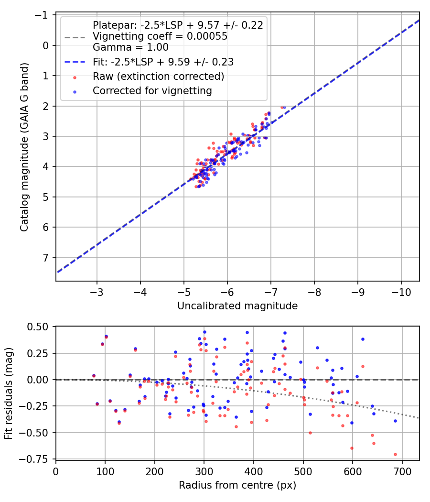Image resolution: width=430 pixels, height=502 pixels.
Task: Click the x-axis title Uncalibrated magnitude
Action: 237,306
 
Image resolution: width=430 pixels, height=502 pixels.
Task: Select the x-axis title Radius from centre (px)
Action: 237,485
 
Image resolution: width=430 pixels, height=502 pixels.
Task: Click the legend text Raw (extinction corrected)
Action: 158,76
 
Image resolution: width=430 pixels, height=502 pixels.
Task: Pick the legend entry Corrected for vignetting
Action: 152,90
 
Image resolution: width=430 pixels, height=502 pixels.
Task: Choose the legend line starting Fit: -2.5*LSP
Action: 163,62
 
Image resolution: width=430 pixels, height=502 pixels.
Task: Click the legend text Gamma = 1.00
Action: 130,47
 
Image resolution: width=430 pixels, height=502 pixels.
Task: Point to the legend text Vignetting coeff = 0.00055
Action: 160,36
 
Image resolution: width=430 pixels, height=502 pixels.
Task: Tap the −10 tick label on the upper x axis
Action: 401,291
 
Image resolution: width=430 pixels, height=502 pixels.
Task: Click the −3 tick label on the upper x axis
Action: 97,291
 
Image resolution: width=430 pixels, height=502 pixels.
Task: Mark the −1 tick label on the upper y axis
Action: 43,15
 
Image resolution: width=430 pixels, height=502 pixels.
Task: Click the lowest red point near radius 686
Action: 395,454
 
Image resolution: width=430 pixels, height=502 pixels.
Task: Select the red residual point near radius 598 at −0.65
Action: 352,448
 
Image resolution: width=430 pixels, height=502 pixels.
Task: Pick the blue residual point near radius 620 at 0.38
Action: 363,339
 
